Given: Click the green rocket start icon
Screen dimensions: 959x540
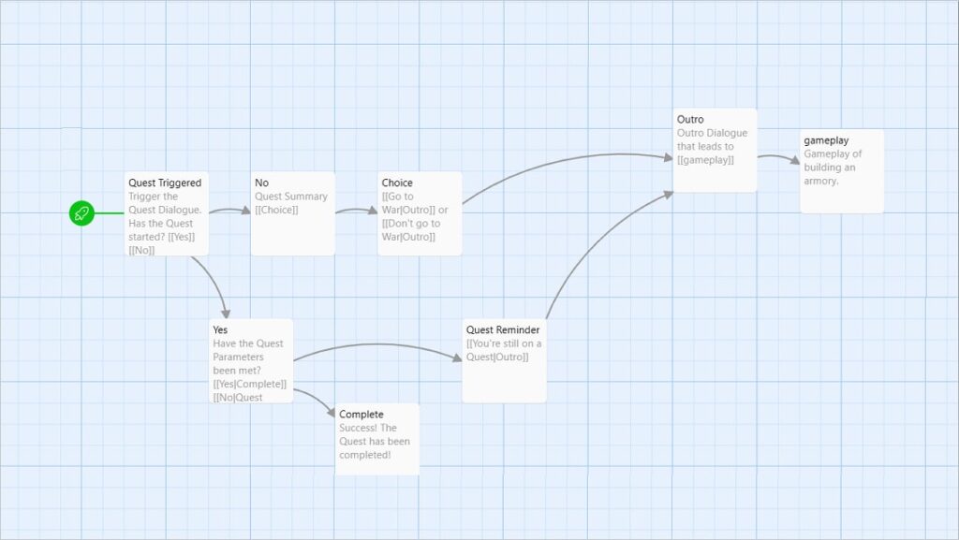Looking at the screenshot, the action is click(x=81, y=213).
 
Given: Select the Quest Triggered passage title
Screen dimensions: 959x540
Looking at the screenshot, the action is click(x=165, y=182).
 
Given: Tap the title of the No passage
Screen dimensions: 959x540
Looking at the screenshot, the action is click(x=262, y=182).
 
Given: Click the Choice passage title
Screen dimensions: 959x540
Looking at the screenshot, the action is click(x=397, y=182).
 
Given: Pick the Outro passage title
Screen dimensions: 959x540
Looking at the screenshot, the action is click(x=690, y=119).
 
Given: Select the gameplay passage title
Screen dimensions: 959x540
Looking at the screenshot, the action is click(x=826, y=140).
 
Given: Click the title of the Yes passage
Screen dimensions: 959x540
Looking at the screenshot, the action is click(x=220, y=329).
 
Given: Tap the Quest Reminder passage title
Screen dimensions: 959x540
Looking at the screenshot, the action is click(x=503, y=329).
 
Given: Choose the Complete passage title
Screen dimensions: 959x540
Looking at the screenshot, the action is click(x=361, y=415).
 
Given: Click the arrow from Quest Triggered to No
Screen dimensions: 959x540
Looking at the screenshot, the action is click(x=230, y=211).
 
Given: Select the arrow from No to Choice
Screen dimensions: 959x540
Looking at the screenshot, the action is click(x=357, y=211).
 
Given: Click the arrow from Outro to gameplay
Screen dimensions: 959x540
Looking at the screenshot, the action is click(x=779, y=157).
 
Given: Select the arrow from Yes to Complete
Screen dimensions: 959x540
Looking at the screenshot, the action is click(x=317, y=399).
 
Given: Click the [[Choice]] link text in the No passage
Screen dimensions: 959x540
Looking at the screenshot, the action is click(x=276, y=211).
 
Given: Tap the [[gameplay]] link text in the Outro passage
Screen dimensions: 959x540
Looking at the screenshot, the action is click(x=705, y=160).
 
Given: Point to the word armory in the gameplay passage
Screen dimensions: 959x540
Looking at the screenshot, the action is click(x=820, y=182).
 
